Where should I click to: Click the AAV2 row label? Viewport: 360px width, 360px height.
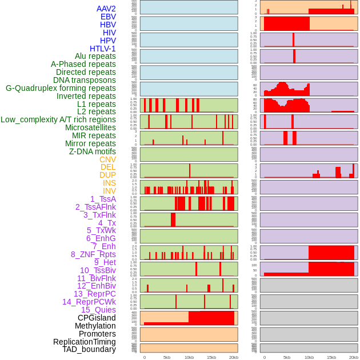point(106,9)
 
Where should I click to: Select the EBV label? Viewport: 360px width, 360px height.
point(108,17)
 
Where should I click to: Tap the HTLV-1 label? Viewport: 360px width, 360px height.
point(103,49)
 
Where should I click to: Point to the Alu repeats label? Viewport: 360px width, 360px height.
point(95,56)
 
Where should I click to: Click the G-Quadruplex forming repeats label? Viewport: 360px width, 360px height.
point(61,88)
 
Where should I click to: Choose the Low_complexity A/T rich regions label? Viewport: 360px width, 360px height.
point(58,119)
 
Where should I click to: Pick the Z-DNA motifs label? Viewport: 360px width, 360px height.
point(93,151)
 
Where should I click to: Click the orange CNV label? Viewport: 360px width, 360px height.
point(107,159)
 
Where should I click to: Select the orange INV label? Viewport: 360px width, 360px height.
point(109,191)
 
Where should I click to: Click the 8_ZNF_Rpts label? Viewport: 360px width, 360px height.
point(93,254)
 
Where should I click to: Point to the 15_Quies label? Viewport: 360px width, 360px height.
point(98,310)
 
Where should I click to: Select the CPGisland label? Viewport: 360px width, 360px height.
point(97,318)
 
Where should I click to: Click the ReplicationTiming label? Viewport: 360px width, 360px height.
point(84,342)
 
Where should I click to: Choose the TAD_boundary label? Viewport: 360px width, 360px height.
point(89,349)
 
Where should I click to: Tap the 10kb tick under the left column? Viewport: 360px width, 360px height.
point(189,357)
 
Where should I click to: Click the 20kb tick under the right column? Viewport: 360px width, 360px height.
point(354,357)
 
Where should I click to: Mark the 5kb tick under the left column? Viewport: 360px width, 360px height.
point(167,357)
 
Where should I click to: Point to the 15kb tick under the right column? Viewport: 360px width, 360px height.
point(331,357)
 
